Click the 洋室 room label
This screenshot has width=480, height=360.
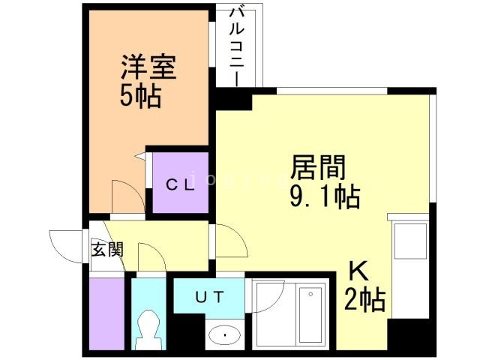point(148,68)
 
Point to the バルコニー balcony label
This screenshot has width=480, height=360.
point(238,45)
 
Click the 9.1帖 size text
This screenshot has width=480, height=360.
point(325,196)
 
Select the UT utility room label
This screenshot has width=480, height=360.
point(209,297)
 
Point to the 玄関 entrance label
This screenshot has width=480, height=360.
point(107,250)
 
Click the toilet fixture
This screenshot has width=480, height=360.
point(148,328)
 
